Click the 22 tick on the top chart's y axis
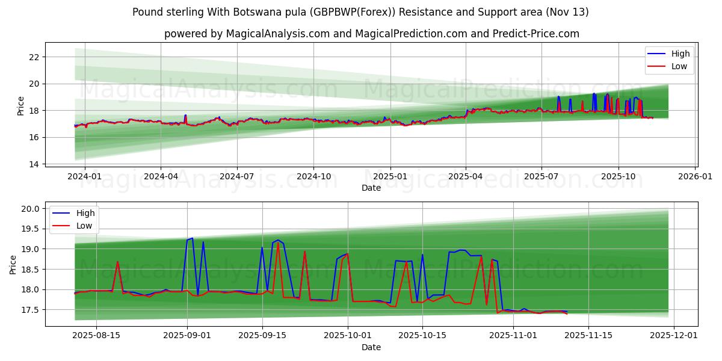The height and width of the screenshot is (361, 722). point(33,57)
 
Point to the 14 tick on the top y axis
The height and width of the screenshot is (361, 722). point(33,164)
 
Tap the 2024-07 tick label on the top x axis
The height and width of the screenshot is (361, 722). point(236,176)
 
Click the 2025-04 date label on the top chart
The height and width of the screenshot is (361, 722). point(466,176)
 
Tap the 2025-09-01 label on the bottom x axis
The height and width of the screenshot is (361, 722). point(187,335)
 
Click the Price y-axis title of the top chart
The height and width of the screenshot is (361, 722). point(21,106)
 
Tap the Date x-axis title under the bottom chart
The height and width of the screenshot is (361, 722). point(371,347)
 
